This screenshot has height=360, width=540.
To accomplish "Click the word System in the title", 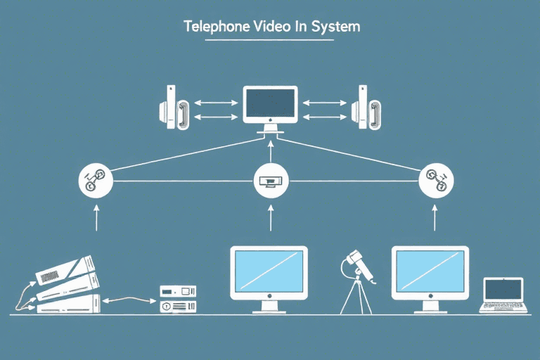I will tap(337, 27).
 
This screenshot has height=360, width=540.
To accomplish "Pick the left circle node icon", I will tap(95, 181).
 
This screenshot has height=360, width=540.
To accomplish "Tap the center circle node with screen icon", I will tap(270, 181).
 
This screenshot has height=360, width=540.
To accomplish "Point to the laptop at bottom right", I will tap(502, 294).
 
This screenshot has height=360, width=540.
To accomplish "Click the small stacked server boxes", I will tap(178, 299).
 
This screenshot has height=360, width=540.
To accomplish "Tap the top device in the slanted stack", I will tap(67, 267).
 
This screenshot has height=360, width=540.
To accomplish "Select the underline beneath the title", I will tap(270, 40).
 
